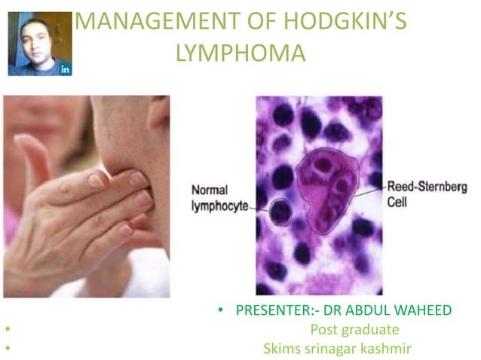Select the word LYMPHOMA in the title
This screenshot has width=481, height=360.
[x=240, y=53]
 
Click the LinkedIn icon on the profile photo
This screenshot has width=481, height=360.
[x=65, y=69]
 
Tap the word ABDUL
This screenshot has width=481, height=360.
[x=378, y=310]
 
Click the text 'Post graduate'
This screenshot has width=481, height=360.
[x=354, y=329]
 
